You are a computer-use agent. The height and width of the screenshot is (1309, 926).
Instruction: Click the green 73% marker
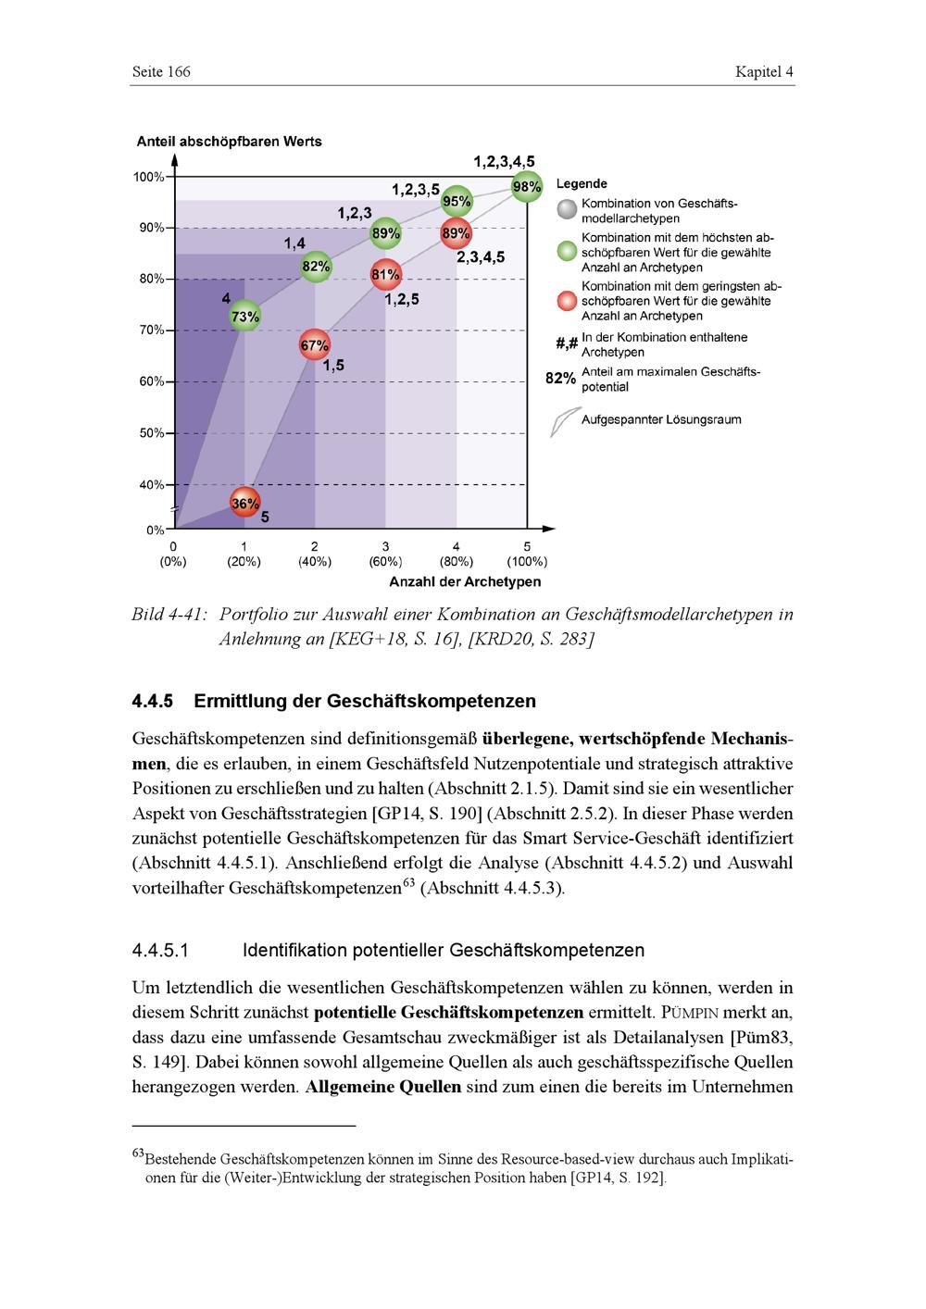click(244, 316)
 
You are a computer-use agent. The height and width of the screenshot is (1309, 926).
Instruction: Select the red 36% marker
click(244, 503)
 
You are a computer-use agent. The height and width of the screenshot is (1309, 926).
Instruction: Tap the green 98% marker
click(526, 187)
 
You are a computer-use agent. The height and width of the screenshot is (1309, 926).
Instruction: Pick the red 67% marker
click(315, 345)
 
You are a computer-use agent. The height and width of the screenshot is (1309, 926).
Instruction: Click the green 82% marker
click(316, 267)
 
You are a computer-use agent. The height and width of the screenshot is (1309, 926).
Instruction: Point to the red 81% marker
click(385, 274)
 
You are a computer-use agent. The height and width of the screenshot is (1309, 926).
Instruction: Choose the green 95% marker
click(457, 201)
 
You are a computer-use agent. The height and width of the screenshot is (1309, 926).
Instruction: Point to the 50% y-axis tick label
click(150, 433)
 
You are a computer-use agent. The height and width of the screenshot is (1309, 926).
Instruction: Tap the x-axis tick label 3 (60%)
click(385, 554)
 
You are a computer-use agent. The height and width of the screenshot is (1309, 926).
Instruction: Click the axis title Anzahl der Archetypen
click(465, 582)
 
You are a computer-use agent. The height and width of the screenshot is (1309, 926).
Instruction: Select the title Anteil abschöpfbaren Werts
click(230, 142)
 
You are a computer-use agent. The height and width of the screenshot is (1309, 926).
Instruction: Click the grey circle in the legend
click(567, 210)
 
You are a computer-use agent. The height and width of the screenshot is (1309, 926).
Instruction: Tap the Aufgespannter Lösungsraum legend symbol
click(561, 421)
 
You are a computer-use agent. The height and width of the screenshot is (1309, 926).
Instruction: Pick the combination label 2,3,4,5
click(481, 257)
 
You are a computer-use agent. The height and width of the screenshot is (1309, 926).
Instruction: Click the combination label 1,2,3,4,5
click(504, 162)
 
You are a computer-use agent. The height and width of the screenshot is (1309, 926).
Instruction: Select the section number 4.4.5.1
click(161, 951)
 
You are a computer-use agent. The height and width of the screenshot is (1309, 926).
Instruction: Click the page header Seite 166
click(161, 72)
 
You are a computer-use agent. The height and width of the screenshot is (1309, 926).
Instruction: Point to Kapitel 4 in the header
click(764, 72)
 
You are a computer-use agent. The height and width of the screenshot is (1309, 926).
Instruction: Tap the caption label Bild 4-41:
click(168, 615)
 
